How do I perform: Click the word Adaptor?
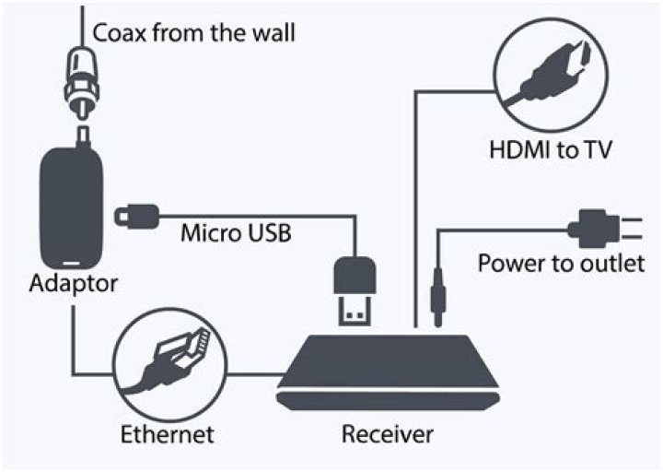coord(74,283)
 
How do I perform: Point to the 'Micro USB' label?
coord(237,233)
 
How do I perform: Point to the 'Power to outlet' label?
coord(562,264)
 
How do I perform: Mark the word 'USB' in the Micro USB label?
coord(269,233)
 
